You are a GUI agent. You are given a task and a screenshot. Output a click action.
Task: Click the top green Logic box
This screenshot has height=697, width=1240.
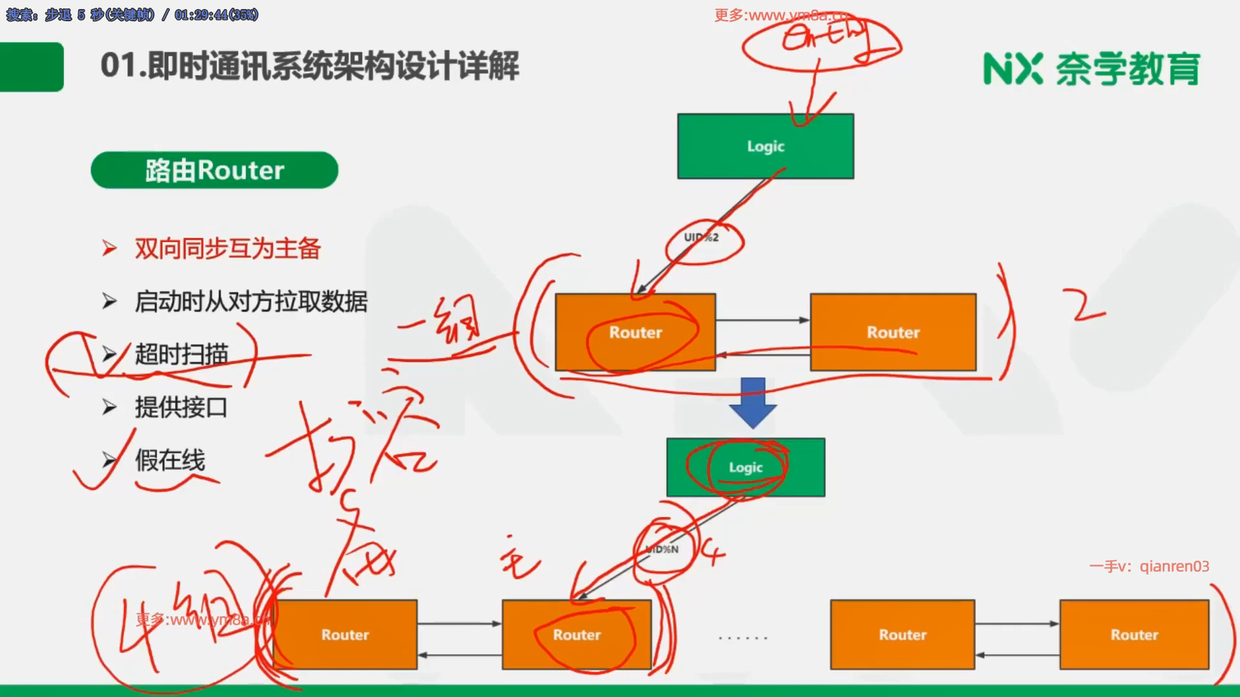point(765,146)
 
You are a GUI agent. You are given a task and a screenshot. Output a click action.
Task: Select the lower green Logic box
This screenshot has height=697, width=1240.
point(745,467)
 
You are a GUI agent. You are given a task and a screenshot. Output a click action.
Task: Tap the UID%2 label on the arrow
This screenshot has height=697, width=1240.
point(701,237)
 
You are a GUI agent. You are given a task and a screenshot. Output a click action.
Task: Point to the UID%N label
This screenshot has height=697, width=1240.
point(663,549)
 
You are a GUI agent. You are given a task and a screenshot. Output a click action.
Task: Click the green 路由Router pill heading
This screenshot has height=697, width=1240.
point(214,170)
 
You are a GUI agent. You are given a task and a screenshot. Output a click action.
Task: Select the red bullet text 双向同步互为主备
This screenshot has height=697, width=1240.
point(227,248)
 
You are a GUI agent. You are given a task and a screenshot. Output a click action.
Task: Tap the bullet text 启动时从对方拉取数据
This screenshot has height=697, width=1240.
point(251,301)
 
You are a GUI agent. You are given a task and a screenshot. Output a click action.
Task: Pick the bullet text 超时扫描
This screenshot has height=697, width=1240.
point(181,354)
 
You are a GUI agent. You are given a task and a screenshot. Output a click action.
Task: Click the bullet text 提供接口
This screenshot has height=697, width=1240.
point(181,407)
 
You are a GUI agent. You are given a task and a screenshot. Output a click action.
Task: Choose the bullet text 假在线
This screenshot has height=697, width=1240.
point(170,460)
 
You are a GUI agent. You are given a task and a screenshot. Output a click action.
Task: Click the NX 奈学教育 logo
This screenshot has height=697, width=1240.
point(1091,69)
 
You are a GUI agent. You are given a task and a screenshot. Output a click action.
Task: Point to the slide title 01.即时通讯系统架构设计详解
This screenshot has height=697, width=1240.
point(310,66)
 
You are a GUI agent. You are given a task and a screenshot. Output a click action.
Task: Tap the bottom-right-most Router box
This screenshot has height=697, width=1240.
point(1134,634)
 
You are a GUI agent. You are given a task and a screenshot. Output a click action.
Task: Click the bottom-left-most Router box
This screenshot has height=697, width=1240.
point(346,634)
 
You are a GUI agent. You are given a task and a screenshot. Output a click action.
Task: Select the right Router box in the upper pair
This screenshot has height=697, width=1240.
point(893,332)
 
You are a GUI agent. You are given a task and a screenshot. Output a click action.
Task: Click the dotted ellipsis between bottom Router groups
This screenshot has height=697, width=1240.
point(743,638)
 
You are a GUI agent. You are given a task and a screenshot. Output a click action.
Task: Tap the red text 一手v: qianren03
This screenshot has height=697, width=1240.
point(1149,566)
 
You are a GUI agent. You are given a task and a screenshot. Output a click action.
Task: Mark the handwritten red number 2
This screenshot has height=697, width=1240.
point(1086,307)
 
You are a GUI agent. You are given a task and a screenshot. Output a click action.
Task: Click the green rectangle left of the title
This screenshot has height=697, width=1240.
point(31,66)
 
